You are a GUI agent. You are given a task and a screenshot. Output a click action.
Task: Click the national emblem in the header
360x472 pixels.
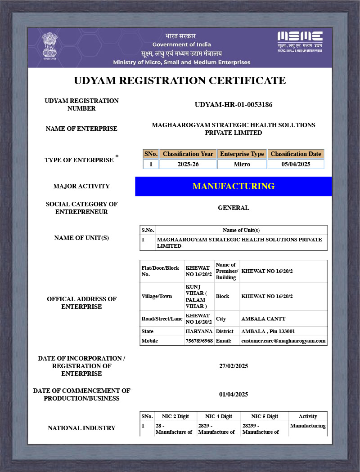(x=49, y=45)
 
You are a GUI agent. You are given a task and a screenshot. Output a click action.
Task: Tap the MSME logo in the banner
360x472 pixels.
(x=300, y=41)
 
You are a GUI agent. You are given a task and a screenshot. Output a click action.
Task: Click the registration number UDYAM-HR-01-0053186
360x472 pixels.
(x=234, y=105)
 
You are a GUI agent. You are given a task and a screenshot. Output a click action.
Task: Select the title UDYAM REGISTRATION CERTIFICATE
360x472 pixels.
(x=180, y=80)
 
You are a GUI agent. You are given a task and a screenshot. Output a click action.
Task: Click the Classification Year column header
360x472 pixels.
(x=188, y=154)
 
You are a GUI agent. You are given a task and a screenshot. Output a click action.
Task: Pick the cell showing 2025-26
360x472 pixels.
(x=188, y=165)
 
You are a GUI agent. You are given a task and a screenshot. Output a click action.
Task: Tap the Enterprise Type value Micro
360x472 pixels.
(x=242, y=165)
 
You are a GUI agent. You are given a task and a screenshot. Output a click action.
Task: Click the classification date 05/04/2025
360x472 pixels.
(x=296, y=165)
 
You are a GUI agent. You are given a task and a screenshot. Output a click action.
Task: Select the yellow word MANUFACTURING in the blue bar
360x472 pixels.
(x=233, y=186)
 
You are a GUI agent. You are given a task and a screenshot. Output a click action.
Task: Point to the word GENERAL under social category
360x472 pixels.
(x=234, y=208)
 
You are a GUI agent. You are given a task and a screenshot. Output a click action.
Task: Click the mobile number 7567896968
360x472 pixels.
(x=199, y=341)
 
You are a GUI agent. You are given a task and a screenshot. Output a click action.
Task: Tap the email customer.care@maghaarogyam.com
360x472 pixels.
(x=283, y=341)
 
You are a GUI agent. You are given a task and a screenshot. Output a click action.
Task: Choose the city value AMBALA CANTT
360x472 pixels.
(x=263, y=319)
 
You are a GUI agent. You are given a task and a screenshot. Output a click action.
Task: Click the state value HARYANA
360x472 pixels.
(x=199, y=331)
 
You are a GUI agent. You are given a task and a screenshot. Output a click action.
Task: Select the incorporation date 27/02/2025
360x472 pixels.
(x=234, y=366)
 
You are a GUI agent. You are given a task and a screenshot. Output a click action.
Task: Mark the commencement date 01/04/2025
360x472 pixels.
(x=234, y=395)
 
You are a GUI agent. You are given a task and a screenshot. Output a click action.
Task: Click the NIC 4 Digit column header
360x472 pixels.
(x=219, y=416)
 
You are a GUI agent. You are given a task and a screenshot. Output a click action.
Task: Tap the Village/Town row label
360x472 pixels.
(x=157, y=296)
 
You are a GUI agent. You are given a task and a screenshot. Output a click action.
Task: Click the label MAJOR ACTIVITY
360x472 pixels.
(x=81, y=186)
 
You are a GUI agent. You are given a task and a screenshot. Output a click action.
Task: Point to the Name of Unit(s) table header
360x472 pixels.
(x=241, y=230)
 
